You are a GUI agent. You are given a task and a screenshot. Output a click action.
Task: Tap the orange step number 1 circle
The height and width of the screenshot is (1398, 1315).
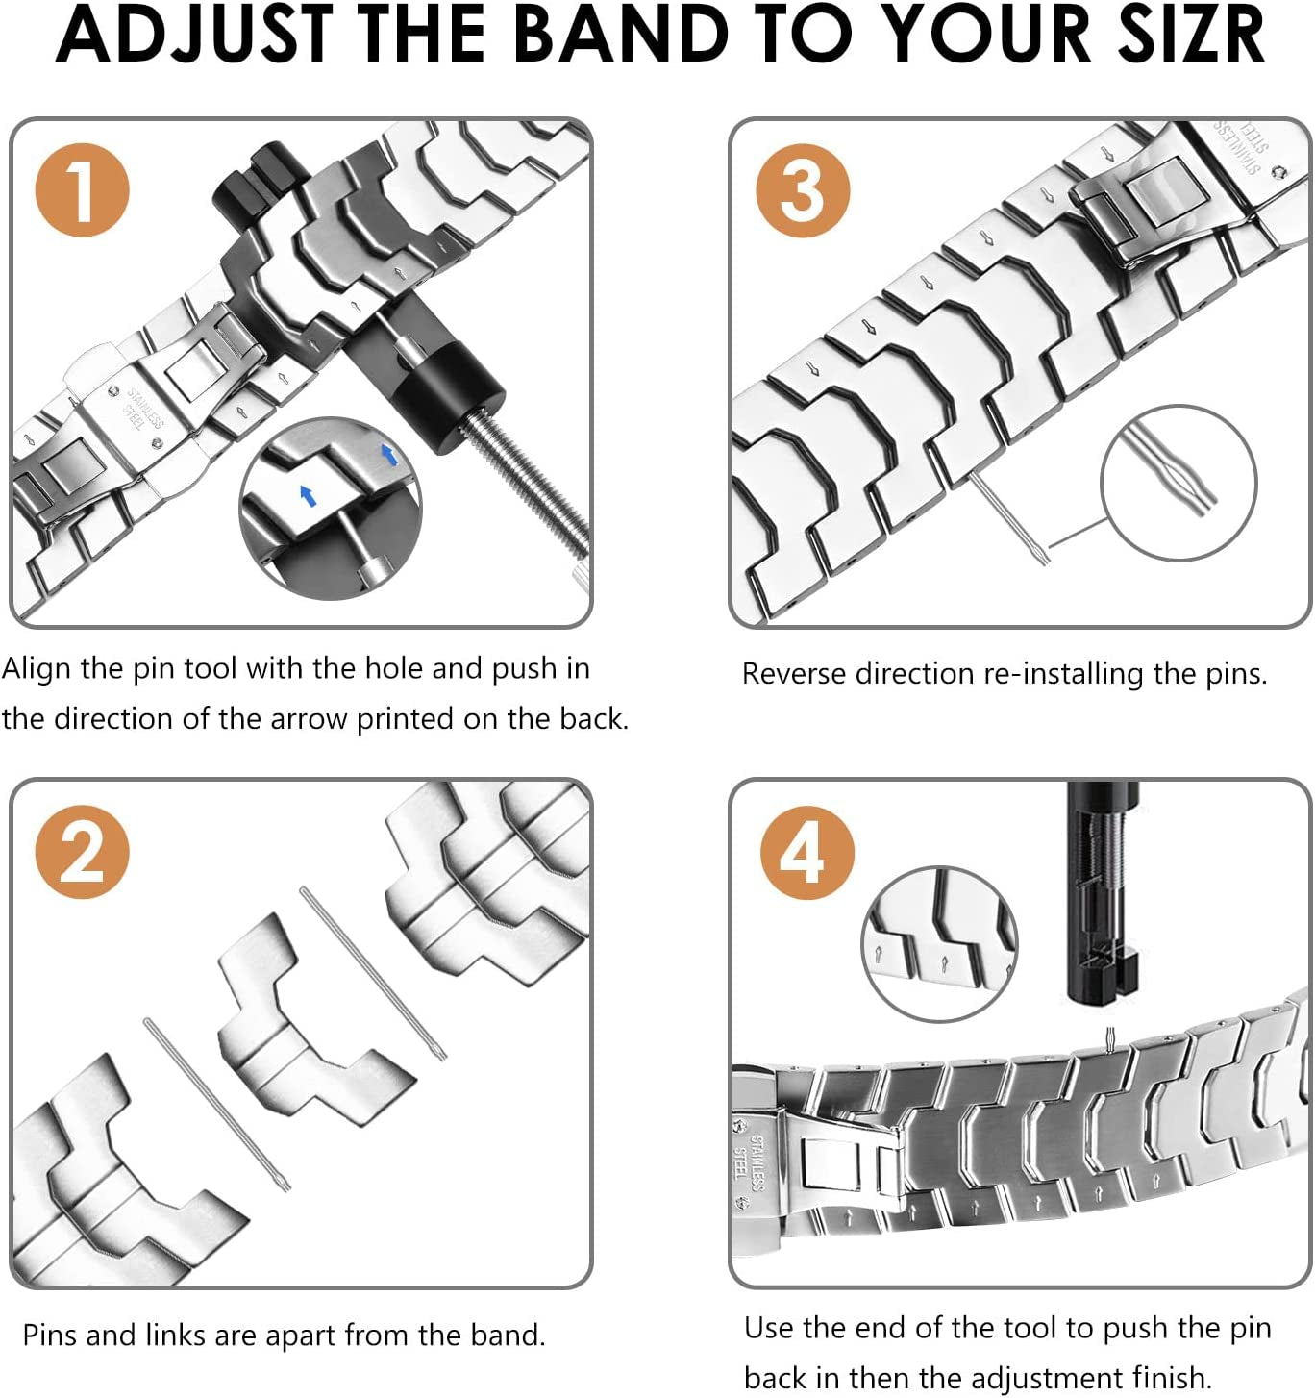point(82,190)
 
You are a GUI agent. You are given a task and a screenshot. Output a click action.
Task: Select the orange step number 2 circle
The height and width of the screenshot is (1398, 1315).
point(82,852)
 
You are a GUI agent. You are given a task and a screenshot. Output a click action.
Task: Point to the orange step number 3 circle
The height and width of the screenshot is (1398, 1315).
point(802,190)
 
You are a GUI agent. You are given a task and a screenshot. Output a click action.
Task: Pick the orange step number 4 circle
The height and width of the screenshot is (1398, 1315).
point(806,852)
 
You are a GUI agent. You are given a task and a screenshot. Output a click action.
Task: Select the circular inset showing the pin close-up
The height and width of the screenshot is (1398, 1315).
point(1178,482)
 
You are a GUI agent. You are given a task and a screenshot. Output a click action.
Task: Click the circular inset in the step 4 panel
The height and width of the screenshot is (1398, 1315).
point(939,943)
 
